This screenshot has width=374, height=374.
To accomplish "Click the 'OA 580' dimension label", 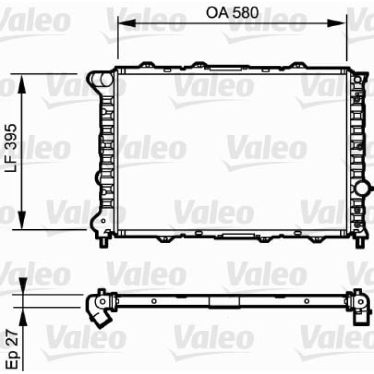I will pyautogui.click(x=232, y=13).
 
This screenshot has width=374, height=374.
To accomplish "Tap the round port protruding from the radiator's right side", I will pyautogui.click(x=364, y=188).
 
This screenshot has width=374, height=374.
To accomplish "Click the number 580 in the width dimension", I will pyautogui.click(x=246, y=13).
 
